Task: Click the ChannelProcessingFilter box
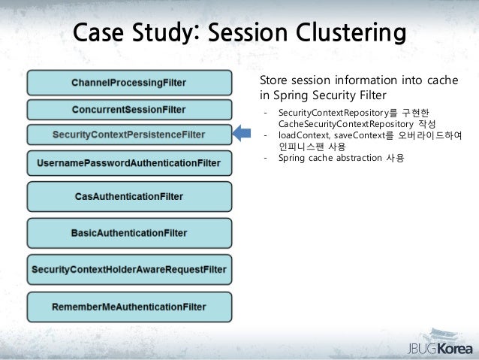click(x=129, y=82)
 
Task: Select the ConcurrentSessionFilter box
click(x=129, y=109)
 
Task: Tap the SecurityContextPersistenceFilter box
click(x=129, y=135)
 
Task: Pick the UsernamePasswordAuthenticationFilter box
click(x=129, y=163)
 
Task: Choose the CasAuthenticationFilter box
click(x=129, y=196)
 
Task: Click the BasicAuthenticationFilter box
click(x=129, y=233)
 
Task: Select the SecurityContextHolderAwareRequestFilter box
click(x=129, y=269)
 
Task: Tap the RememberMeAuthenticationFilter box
click(x=129, y=307)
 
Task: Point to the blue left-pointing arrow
click(x=243, y=135)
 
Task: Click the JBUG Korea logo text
click(x=435, y=349)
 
